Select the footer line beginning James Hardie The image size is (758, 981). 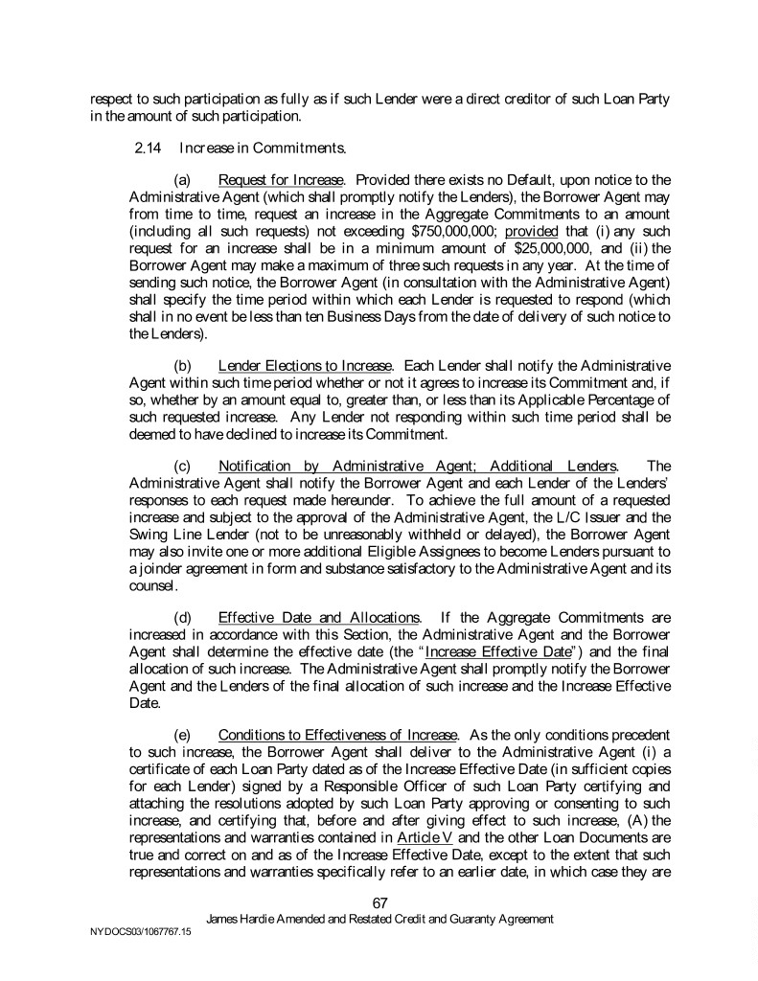click(x=379, y=919)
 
